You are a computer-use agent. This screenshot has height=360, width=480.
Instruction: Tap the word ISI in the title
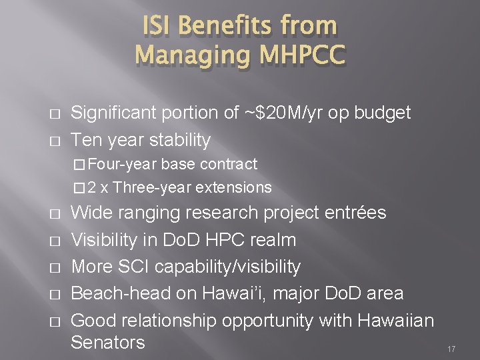pos(158,25)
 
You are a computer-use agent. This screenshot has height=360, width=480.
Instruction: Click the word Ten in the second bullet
pos(87,141)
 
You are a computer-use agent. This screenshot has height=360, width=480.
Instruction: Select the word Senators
pos(107,343)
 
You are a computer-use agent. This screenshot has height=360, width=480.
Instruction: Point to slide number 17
pos(451,349)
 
